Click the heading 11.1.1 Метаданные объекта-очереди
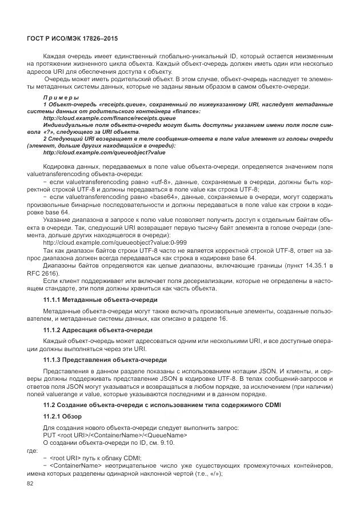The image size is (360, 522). tap(101, 300)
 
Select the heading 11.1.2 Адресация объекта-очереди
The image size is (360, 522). tap(98, 330)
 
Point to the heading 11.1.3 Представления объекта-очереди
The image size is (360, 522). tap(105, 360)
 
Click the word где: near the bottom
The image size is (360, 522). tap(32, 450)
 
